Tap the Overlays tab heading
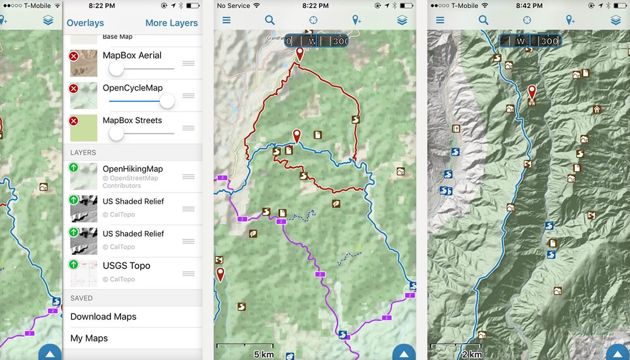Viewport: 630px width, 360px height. pos(85,23)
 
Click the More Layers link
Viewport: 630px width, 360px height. pos(171,23)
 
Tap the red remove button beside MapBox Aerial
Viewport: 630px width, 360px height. pos(73,56)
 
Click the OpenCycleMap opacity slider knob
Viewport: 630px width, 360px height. pos(167,101)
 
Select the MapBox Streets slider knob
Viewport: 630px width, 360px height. pos(116,133)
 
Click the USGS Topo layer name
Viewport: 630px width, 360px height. pos(127,266)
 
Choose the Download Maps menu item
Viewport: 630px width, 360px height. pos(103,316)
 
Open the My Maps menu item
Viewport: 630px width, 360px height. pos(89,338)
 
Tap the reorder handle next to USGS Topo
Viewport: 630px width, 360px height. pos(188,273)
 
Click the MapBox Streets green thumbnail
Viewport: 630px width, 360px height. pos(83,128)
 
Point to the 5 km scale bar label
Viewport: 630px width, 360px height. pos(264,354)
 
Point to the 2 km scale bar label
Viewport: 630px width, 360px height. pos(472,354)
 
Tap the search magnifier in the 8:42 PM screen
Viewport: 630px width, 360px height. pos(484,20)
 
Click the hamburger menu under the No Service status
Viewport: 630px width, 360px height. pos(226,20)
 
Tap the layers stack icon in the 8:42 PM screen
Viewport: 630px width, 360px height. pos(616,20)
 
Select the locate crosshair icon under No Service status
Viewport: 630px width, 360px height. pos(313,20)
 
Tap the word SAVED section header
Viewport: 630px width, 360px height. pos(81,298)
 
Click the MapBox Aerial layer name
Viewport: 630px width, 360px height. pos(132,55)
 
